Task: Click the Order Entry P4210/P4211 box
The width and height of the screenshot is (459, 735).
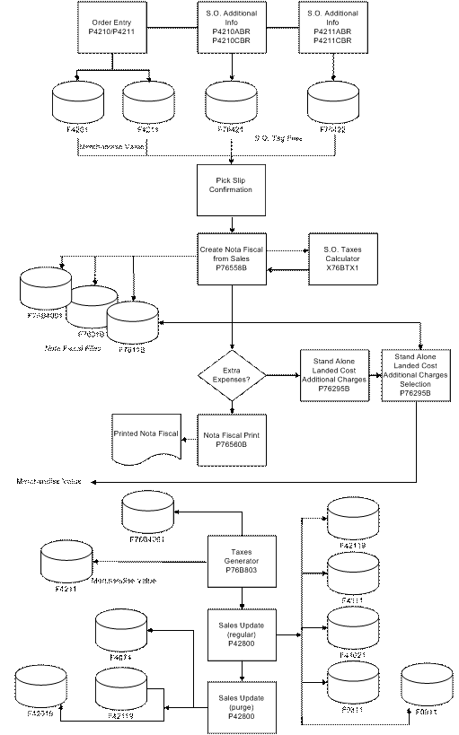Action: [112, 27]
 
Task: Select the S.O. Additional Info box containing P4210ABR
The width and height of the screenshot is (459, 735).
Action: [232, 27]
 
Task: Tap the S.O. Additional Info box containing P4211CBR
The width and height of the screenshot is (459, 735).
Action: [334, 27]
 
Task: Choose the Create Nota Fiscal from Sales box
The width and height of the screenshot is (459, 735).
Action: [232, 259]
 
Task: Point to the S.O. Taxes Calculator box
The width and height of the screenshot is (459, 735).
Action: [334, 259]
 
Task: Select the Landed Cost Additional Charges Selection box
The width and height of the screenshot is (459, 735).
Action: [415, 375]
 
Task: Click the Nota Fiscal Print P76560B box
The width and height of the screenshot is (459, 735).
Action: [232, 440]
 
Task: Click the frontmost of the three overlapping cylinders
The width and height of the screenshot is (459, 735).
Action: [132, 322]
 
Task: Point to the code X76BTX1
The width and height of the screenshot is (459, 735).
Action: [334, 267]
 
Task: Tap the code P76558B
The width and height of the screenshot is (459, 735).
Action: [232, 267]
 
